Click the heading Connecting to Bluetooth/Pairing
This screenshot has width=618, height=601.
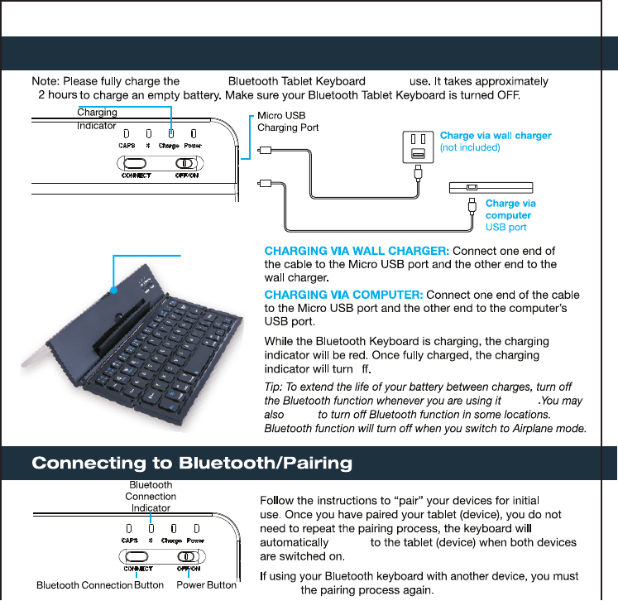coord(192,463)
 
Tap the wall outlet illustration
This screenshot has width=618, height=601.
coord(419,147)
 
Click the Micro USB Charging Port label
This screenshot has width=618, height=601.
coord(287,122)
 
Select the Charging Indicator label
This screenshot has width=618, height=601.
coord(97,118)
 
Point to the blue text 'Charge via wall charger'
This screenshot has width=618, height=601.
coord(496,135)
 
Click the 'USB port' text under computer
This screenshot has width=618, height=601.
coord(505,227)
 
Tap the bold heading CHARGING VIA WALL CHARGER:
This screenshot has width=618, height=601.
coord(357,251)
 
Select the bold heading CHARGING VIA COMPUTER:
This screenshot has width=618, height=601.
coord(343,295)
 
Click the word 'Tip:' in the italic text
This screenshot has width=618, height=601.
coord(274,387)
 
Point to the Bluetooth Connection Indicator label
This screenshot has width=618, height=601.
coord(151,496)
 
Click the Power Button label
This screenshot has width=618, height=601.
coord(207,585)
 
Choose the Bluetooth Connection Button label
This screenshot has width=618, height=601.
coord(100,585)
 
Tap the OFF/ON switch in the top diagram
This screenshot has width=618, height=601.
coord(187,163)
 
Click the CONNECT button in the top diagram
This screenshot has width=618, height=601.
coord(137,163)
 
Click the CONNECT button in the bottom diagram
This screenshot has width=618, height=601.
coord(137,556)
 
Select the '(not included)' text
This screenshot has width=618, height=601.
coord(470,147)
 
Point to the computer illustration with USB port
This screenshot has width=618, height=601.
coord(491,187)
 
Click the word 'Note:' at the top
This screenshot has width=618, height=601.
coord(46,81)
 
